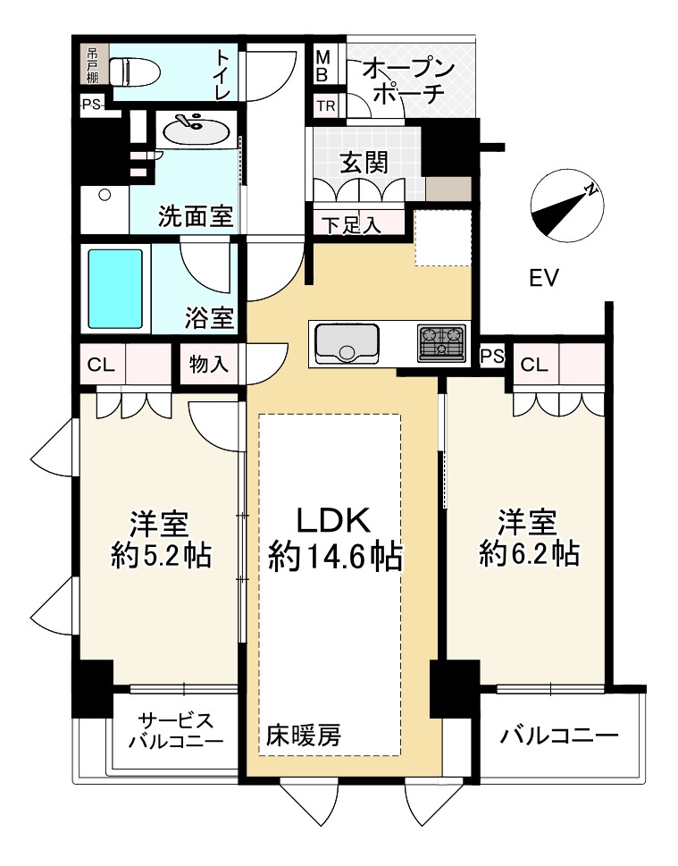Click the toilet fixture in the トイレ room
point(135,71)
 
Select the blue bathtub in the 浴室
point(116,290)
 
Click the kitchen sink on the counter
point(347,342)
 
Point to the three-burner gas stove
point(441,342)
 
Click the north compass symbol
point(566,206)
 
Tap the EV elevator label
point(544,278)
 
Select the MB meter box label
point(323,66)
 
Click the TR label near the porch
point(326,105)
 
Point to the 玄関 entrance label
point(364,162)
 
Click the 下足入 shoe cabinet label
point(352,225)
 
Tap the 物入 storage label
point(208,364)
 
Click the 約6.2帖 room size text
point(529,553)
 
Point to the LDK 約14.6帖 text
point(335,538)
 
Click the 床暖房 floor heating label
point(304,735)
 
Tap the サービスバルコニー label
point(176,730)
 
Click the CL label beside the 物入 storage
point(101,365)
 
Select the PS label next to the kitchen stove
point(492,357)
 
